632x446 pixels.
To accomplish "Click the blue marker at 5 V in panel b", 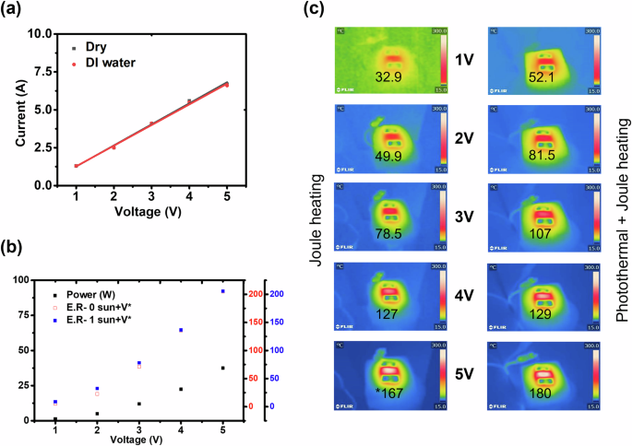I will coord(222,291).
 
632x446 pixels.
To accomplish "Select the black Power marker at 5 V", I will coord(222,368).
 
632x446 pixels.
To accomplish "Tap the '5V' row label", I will coord(465,376).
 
